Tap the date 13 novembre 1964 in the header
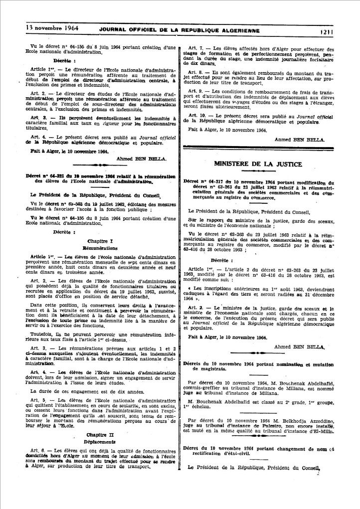click(48, 29)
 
